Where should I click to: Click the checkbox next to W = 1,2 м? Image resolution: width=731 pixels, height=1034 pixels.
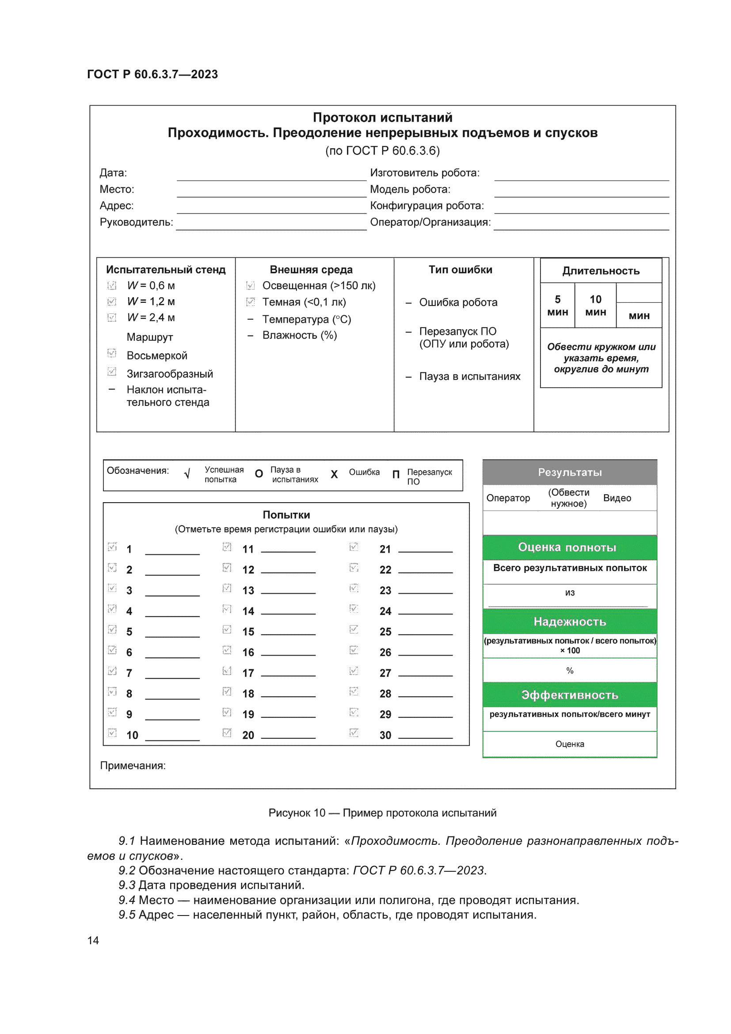point(112,301)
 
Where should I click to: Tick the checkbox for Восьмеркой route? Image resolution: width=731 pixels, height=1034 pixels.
point(112,353)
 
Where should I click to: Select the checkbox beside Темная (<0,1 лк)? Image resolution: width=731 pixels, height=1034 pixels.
point(250,302)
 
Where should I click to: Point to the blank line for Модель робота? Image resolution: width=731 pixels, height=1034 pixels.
point(581,192)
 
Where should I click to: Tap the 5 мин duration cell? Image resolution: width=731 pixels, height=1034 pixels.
point(557,305)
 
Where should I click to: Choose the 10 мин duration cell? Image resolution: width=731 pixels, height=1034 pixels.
point(595,305)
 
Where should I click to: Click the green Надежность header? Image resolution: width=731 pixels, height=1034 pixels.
point(569,622)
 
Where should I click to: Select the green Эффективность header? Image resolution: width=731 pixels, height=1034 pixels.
point(569,695)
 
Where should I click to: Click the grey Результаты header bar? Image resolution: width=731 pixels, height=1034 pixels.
point(569,472)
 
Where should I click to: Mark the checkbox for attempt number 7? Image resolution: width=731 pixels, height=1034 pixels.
point(112,671)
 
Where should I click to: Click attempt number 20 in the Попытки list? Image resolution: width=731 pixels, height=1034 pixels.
point(248,736)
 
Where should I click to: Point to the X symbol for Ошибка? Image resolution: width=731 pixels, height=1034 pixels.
point(334,474)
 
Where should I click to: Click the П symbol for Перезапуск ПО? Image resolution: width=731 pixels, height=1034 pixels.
point(396,474)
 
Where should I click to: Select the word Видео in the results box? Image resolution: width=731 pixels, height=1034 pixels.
point(617,498)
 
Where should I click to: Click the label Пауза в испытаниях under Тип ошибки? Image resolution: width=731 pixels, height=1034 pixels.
point(469,377)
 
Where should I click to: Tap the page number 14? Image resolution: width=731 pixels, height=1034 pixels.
point(93,940)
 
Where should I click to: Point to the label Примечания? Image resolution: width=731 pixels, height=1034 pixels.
point(133,766)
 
